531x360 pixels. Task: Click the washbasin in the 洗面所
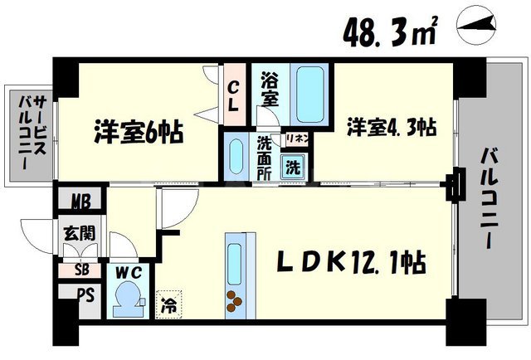(236, 157)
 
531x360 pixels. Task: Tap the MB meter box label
(81, 201)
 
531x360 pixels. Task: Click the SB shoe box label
(81, 270)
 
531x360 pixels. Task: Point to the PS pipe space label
(81, 294)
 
